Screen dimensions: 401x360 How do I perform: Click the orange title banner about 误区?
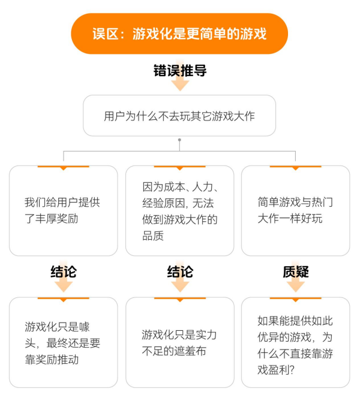coord(179,34)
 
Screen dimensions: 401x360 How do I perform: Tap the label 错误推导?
coord(180,71)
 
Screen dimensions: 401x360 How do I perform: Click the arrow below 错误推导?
coord(180,84)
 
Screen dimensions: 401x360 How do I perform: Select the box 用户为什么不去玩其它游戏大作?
coord(179,116)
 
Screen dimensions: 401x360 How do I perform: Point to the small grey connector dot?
coord(179,140)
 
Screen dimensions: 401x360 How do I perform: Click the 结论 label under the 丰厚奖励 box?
coord(64,272)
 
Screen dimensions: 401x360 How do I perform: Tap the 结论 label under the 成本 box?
coord(180,272)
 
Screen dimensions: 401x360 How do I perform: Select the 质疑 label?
coord(295,272)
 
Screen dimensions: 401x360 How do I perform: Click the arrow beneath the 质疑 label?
coord(295,286)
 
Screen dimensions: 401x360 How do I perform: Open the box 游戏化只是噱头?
coord(63,342)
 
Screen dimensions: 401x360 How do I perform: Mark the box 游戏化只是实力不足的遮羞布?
coord(179,342)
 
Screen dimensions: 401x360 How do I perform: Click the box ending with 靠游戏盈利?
coord(295,342)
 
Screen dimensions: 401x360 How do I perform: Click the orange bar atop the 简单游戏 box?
coord(295,167)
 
